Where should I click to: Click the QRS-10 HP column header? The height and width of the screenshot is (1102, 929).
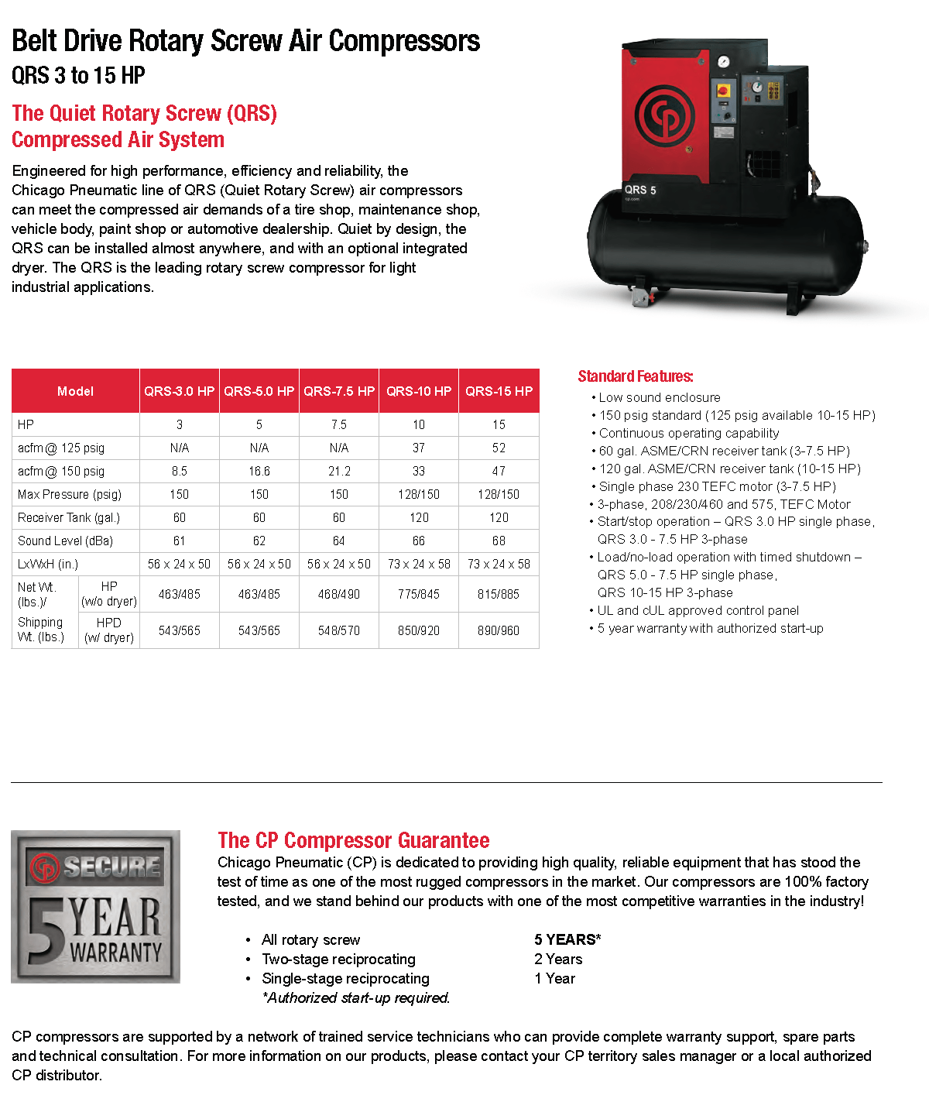pos(419,391)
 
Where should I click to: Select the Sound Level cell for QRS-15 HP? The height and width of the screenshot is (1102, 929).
pos(499,541)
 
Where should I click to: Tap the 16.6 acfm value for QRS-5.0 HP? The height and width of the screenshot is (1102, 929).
pos(259,471)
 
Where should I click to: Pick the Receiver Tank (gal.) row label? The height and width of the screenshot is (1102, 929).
pos(69,517)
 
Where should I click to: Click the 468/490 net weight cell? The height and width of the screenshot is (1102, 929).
pos(339,594)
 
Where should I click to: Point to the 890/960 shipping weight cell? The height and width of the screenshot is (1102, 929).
pos(499,630)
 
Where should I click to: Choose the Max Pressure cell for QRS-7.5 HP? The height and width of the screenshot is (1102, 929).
pos(339,494)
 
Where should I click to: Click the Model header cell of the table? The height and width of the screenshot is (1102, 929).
pos(75,391)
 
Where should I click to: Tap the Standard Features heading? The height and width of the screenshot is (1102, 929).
pos(636,376)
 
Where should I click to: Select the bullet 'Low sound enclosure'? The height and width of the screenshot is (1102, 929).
pos(660,397)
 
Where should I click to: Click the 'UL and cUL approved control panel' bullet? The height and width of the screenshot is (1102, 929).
pos(698,610)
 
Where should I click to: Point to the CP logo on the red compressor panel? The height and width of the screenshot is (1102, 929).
pos(665,115)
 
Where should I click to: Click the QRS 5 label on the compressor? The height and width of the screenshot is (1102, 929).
pos(640,190)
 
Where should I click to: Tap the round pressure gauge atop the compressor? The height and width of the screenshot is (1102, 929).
pos(723,62)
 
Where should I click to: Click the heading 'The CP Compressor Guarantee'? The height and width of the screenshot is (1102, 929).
pos(354,840)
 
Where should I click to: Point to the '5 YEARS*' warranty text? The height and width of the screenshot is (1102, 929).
pos(567,939)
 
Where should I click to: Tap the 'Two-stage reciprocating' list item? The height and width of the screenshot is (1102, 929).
pos(338,959)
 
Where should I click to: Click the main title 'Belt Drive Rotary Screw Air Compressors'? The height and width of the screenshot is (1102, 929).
pos(246,41)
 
